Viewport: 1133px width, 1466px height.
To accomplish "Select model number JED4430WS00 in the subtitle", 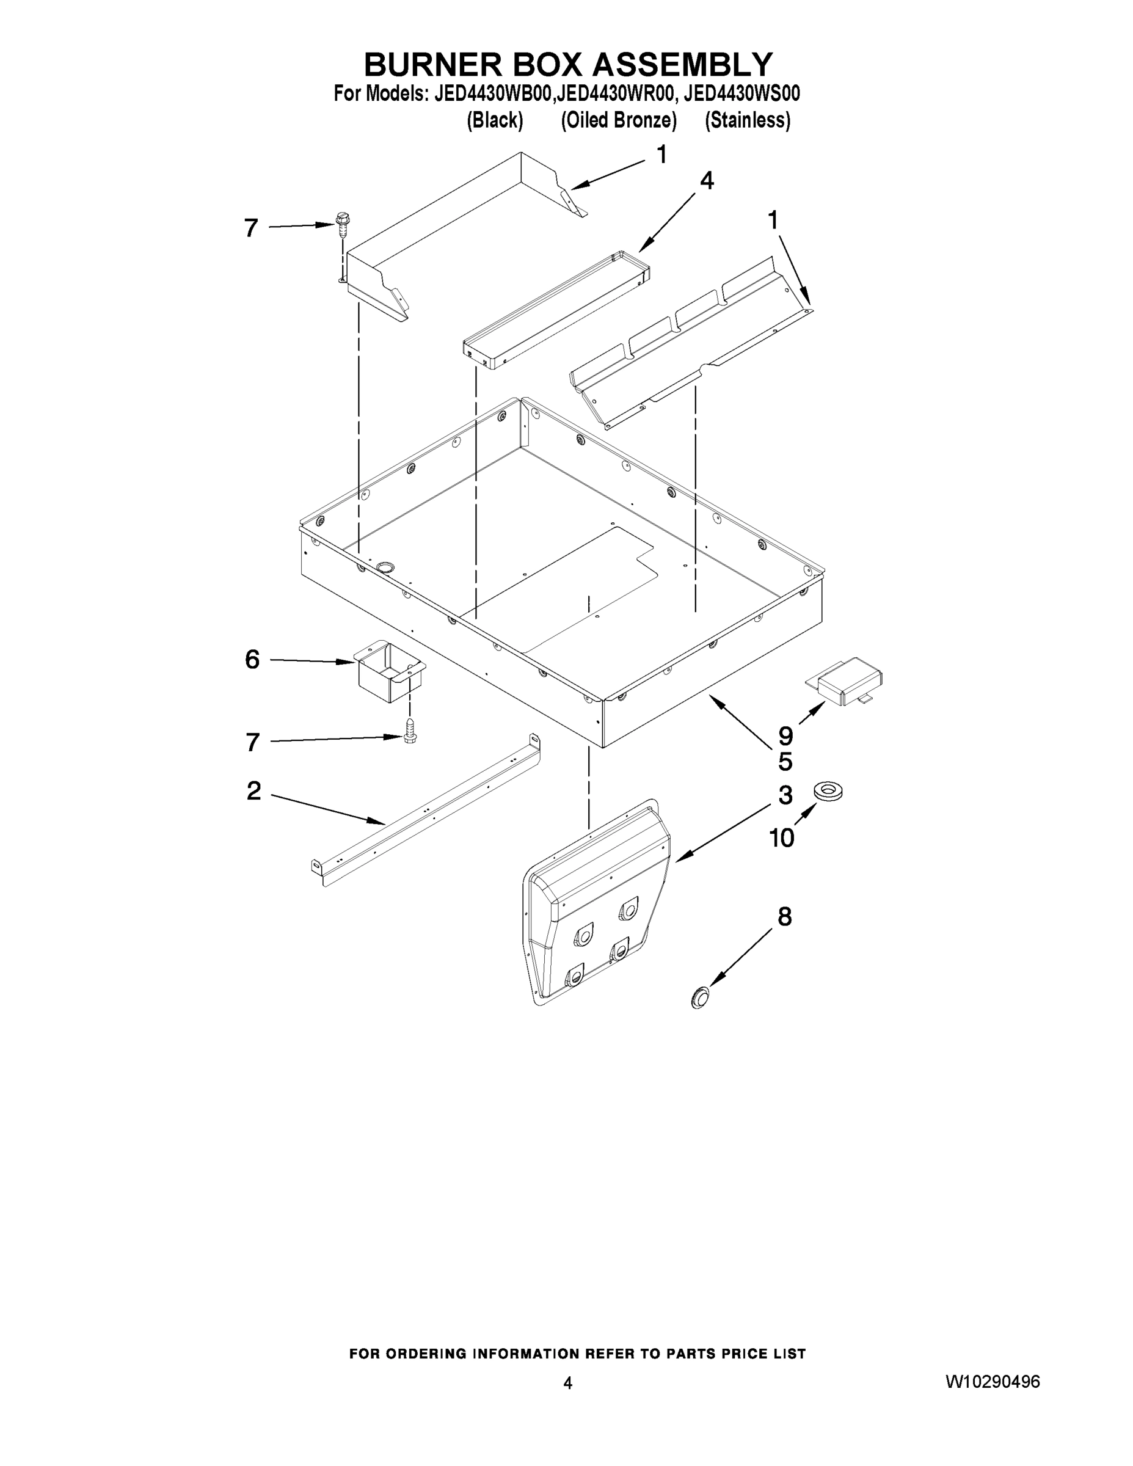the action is (x=741, y=93).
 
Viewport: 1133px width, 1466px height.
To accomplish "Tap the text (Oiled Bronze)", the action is (x=618, y=120).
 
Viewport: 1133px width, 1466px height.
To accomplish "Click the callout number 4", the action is (x=706, y=181).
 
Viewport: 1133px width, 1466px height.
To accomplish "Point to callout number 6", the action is (x=252, y=660).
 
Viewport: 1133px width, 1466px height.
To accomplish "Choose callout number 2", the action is (x=253, y=791).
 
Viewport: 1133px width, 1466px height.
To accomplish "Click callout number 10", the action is (x=781, y=837).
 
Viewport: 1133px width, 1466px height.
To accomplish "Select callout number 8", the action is (x=785, y=917).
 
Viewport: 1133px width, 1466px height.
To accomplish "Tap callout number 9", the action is (x=785, y=735).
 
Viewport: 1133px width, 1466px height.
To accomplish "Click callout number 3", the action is (x=785, y=795).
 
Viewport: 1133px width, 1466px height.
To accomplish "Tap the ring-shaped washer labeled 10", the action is (x=828, y=791).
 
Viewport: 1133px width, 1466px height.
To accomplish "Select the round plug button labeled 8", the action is (x=700, y=997).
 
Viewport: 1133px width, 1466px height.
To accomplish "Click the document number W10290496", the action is (x=992, y=1382).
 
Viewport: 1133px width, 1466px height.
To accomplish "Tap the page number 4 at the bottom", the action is (x=568, y=1383).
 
